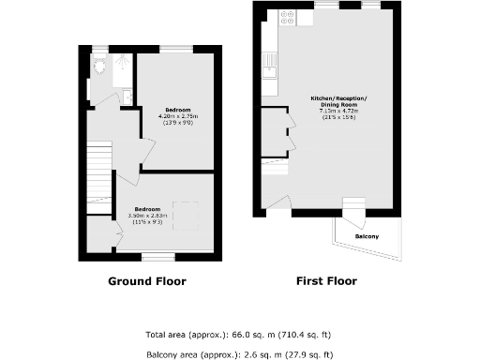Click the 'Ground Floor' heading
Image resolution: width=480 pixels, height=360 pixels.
(146, 281)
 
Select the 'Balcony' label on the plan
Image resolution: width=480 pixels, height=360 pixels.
(367, 236)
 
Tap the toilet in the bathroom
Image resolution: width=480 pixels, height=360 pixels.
(99, 68)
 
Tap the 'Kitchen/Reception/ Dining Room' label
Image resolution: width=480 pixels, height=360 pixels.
(339, 102)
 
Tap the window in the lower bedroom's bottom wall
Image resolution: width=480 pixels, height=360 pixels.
(157, 255)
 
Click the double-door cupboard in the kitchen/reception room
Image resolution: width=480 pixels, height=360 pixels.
(276, 130)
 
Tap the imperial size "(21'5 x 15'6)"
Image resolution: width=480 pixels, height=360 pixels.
(339, 116)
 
